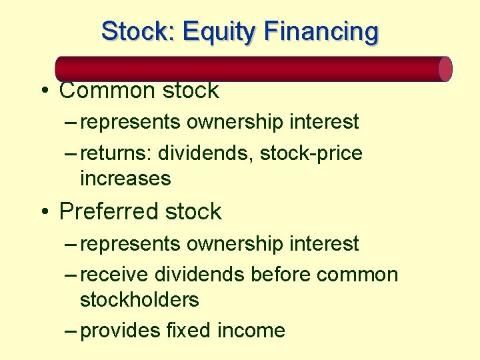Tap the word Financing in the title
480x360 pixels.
[x=321, y=31]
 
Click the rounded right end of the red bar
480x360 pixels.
[x=445, y=69]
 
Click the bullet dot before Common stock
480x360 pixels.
[x=43, y=91]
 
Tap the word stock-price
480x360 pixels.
[x=311, y=153]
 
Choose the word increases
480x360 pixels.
[x=125, y=179]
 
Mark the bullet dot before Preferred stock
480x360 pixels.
[x=43, y=212]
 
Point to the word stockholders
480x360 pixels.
[x=139, y=300]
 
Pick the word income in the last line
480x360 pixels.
[x=251, y=331]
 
